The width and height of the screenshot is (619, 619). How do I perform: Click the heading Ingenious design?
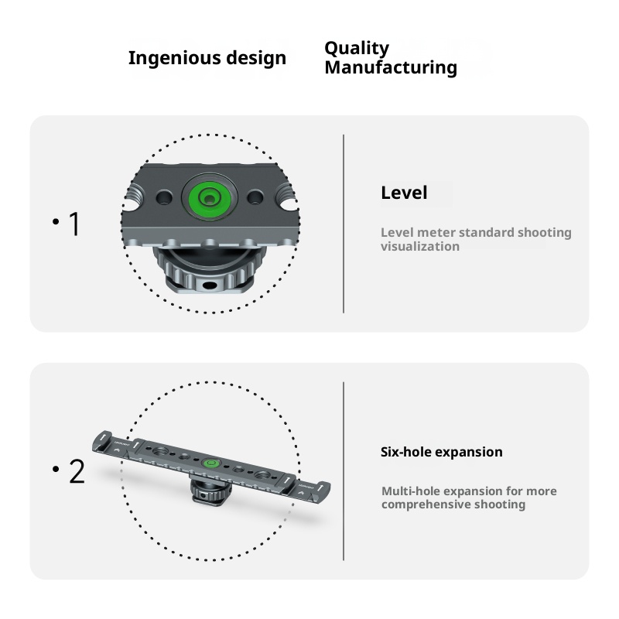[x=207, y=58]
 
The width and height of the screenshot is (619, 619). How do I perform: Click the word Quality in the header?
[x=356, y=48]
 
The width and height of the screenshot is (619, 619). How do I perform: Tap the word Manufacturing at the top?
[x=390, y=67]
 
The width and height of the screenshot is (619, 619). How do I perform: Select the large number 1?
[x=74, y=224]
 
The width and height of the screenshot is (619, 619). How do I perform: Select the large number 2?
[x=76, y=471]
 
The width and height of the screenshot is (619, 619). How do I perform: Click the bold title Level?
[x=403, y=193]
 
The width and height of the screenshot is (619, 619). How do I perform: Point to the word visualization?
[x=419, y=246]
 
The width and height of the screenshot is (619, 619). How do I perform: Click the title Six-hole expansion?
[x=441, y=452]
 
